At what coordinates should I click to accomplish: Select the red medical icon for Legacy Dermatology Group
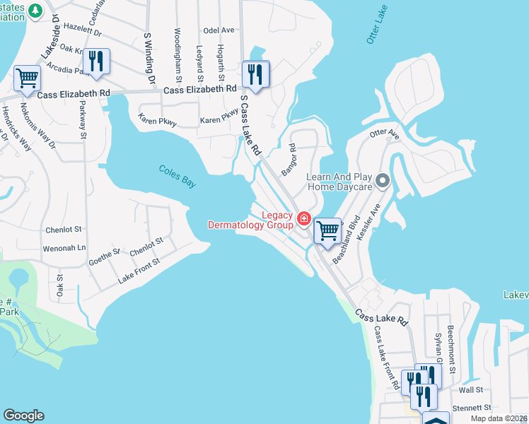[304, 219]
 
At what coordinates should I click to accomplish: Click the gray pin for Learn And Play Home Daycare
[383, 182]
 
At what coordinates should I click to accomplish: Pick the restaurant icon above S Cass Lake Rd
[255, 73]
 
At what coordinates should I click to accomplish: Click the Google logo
[23, 416]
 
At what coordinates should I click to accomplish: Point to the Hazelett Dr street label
[83, 33]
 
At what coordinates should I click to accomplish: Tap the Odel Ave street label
[218, 30]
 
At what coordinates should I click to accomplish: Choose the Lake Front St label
[139, 270]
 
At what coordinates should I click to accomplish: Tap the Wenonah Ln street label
[64, 248]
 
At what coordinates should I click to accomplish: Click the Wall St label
[470, 389]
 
